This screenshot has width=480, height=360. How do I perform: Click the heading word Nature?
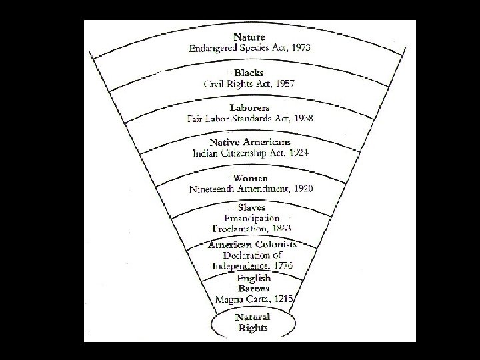tap(249, 37)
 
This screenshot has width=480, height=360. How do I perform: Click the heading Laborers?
tap(250, 107)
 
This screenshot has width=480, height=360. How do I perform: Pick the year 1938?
tap(299, 119)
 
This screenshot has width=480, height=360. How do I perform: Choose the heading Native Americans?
tap(250, 143)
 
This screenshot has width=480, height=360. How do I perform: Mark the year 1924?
tap(296, 153)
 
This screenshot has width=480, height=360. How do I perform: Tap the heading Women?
tap(250, 178)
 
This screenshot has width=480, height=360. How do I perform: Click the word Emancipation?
tap(251, 218)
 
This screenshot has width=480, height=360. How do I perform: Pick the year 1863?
tap(277, 228)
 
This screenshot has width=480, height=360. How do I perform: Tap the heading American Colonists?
tap(252, 245)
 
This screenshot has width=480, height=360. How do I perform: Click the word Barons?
tap(253, 289)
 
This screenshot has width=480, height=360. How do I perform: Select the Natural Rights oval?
tap(253, 322)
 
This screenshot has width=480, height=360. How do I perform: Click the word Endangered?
tap(213, 48)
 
